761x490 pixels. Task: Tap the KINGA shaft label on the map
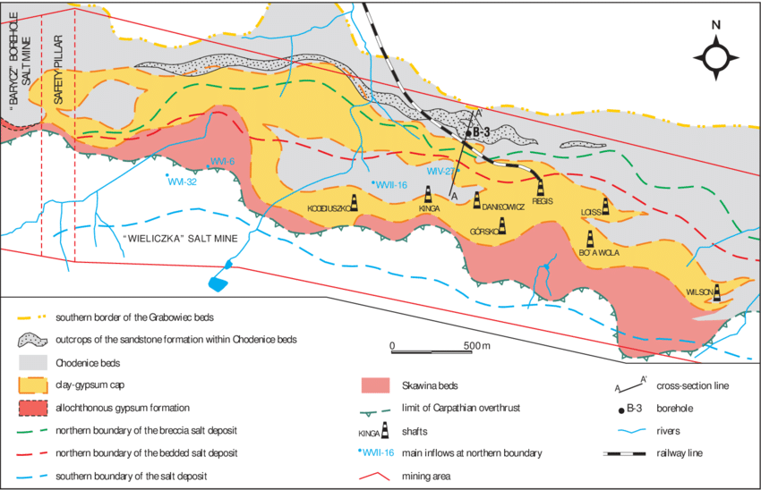[432, 207]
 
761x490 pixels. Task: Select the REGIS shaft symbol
[541, 186]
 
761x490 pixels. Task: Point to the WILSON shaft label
[698, 291]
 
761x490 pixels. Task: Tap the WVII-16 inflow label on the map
[392, 185]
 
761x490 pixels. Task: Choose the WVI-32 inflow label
[181, 182]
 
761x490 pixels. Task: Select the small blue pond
[218, 283]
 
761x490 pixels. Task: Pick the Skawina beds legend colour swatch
[382, 385]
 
